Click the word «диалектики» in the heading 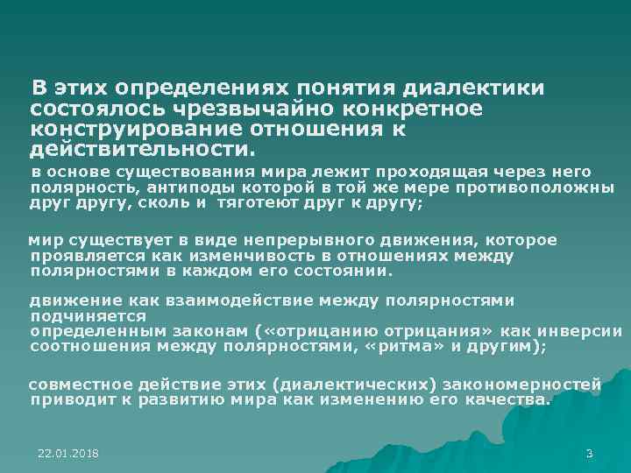click(473, 89)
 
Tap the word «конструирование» click(136, 129)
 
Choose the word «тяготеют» click(253, 203)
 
